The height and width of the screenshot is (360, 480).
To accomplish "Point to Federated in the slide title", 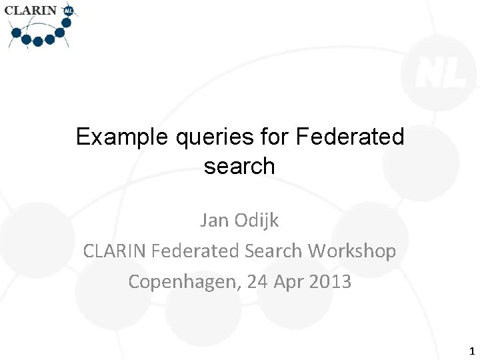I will [350, 137].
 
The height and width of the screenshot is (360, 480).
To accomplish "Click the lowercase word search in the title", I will [239, 166].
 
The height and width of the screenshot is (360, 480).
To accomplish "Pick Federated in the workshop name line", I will [194, 251].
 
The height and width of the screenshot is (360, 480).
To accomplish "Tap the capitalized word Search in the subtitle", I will [273, 251].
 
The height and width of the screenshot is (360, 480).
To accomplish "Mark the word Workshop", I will [353, 251].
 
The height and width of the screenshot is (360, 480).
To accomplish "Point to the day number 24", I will [257, 281].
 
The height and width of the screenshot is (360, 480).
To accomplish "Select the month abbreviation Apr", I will [291, 282].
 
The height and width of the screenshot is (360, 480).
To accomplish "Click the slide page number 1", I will [471, 351].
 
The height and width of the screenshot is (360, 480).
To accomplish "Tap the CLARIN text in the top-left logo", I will [31, 11].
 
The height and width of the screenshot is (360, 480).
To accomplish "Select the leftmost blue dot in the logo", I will [16, 31].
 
